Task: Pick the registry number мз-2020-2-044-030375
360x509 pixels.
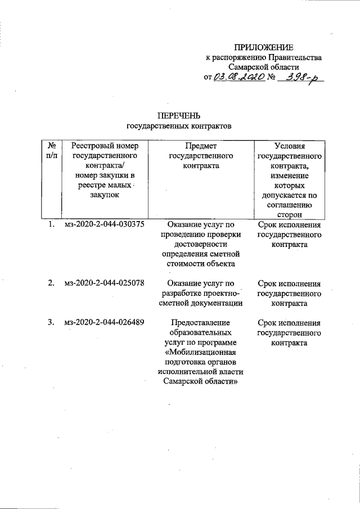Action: pos(105,226)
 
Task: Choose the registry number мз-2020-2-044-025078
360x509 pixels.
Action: pos(105,283)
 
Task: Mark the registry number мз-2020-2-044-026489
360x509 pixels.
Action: pos(105,323)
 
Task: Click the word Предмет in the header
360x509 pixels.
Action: pos(201,146)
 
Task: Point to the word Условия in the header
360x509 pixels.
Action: pos(289,146)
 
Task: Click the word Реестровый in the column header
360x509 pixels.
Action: pos(91,146)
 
